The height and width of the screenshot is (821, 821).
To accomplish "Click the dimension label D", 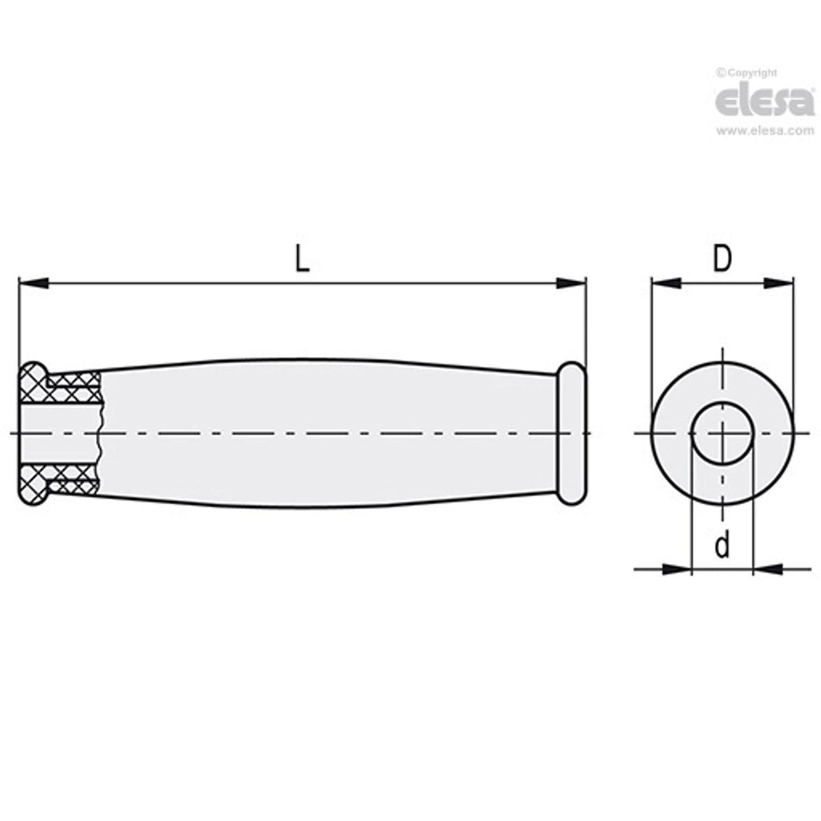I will (x=722, y=258).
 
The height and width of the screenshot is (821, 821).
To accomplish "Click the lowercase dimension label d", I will (x=722, y=545).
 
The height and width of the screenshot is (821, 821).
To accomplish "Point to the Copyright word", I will (x=750, y=72).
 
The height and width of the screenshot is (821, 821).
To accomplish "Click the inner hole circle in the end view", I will (x=722, y=433).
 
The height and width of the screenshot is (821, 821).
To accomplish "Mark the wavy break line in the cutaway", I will (x=99, y=433).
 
